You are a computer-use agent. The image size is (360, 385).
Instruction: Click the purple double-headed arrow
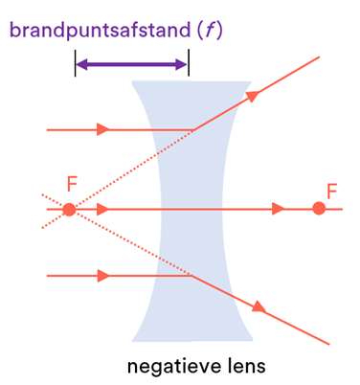tap(131, 64)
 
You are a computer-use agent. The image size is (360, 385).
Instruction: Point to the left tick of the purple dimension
tap(75, 64)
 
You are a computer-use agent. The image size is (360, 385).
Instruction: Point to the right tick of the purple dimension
tap(189, 64)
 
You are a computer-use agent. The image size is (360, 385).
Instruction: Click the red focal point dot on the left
tap(68, 209)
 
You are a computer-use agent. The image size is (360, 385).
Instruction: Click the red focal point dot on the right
tap(319, 209)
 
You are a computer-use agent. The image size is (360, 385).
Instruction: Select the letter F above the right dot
tap(331, 191)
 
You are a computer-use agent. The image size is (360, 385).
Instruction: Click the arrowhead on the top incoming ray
tap(103, 129)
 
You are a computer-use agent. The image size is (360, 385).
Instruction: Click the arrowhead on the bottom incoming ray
tap(103, 276)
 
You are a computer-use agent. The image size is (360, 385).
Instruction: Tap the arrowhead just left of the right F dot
tap(280, 209)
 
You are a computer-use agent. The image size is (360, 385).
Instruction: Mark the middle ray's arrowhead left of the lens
tap(103, 209)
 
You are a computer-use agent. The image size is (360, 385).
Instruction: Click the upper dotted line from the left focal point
tap(134, 167)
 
